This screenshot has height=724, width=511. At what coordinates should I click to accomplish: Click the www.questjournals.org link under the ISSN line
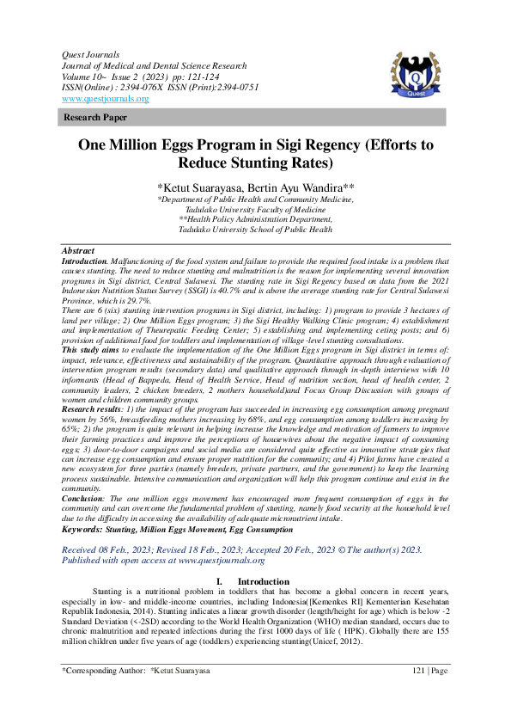click(x=105, y=99)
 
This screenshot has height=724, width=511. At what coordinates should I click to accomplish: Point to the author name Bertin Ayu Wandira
click(x=304, y=187)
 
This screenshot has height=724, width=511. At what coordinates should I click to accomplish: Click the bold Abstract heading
click(x=78, y=250)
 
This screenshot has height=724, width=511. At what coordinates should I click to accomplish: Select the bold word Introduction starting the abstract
click(x=83, y=259)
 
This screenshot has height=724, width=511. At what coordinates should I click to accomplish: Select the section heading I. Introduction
click(x=255, y=582)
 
